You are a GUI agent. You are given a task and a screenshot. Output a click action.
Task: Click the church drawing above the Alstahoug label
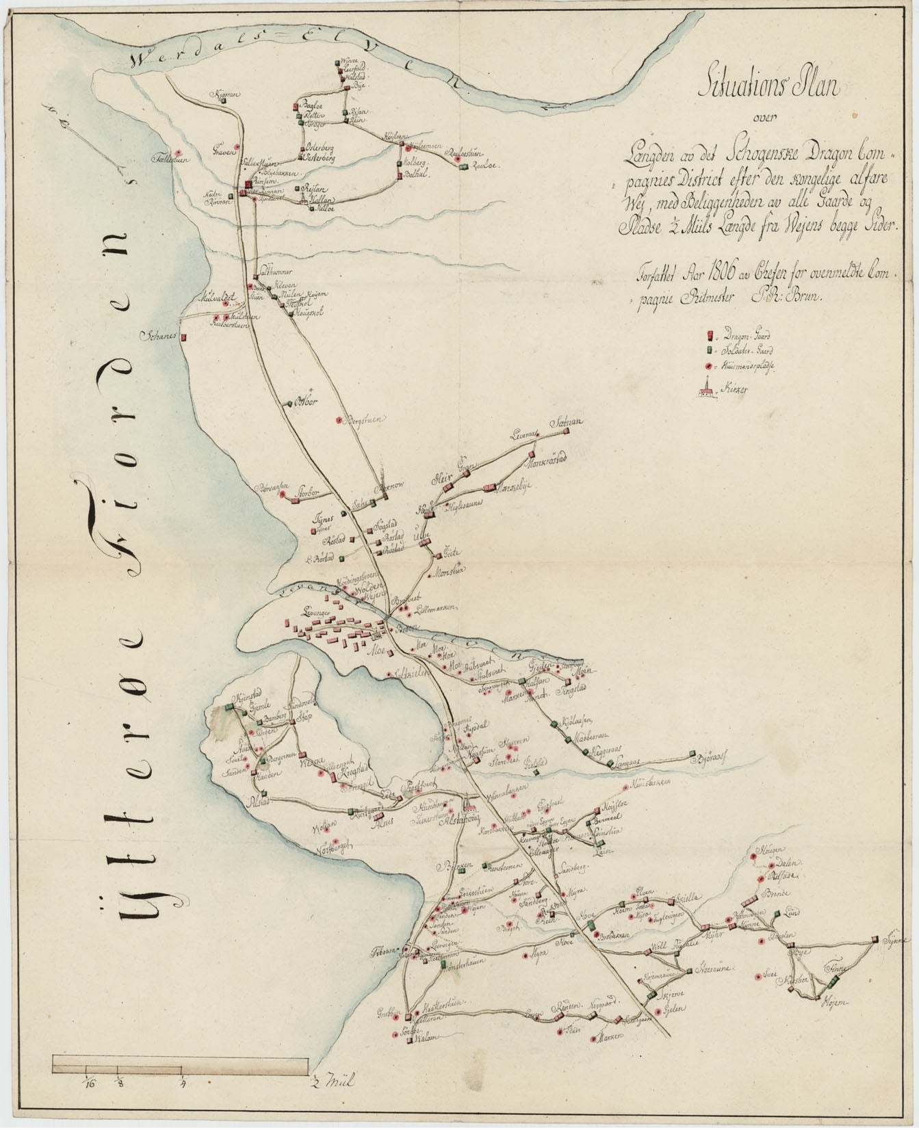pyautogui.click(x=468, y=804)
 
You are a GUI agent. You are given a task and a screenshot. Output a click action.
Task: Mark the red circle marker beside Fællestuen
pyautogui.click(x=179, y=153)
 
